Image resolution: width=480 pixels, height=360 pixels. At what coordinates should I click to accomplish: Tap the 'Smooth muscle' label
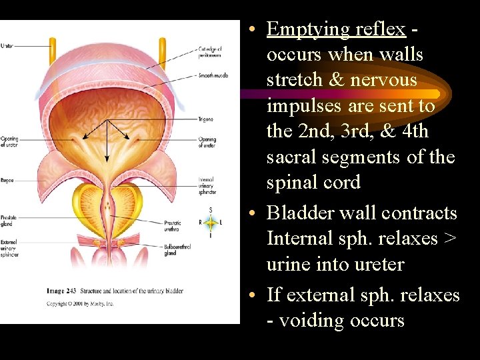click(213, 75)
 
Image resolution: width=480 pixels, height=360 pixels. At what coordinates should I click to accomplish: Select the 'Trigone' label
click(205, 119)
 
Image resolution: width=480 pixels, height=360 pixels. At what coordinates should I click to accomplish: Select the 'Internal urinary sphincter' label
click(207, 185)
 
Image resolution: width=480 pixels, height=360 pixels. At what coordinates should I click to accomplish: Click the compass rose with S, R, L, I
click(211, 223)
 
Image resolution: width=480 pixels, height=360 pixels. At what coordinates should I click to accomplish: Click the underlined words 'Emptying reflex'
click(335, 29)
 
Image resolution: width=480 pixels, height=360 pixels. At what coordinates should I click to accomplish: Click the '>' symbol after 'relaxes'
click(450, 238)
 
